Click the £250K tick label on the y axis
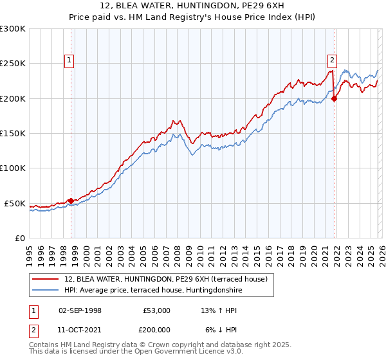click(13, 64)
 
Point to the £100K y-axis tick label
click(13, 168)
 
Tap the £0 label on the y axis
click(20, 238)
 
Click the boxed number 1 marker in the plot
click(69, 61)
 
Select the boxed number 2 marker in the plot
click(332, 61)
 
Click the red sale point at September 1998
click(71, 201)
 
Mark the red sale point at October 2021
click(334, 98)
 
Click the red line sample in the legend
click(46, 279)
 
